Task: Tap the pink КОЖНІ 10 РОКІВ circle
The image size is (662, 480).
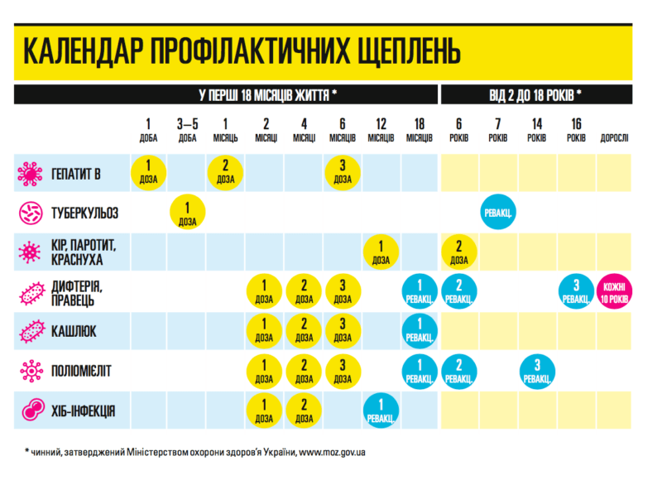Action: click(614, 292)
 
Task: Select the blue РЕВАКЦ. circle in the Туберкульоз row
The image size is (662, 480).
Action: click(497, 213)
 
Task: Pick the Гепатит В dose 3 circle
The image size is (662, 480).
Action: click(343, 172)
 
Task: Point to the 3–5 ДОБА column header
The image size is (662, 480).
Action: click(188, 130)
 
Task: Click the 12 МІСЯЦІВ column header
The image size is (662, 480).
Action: click(381, 130)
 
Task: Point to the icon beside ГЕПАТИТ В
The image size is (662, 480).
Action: click(30, 173)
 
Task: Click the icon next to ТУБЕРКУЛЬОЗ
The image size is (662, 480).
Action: click(30, 213)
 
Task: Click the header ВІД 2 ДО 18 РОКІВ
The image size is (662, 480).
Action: click(535, 94)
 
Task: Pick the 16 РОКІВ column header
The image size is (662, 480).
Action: click(575, 130)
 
